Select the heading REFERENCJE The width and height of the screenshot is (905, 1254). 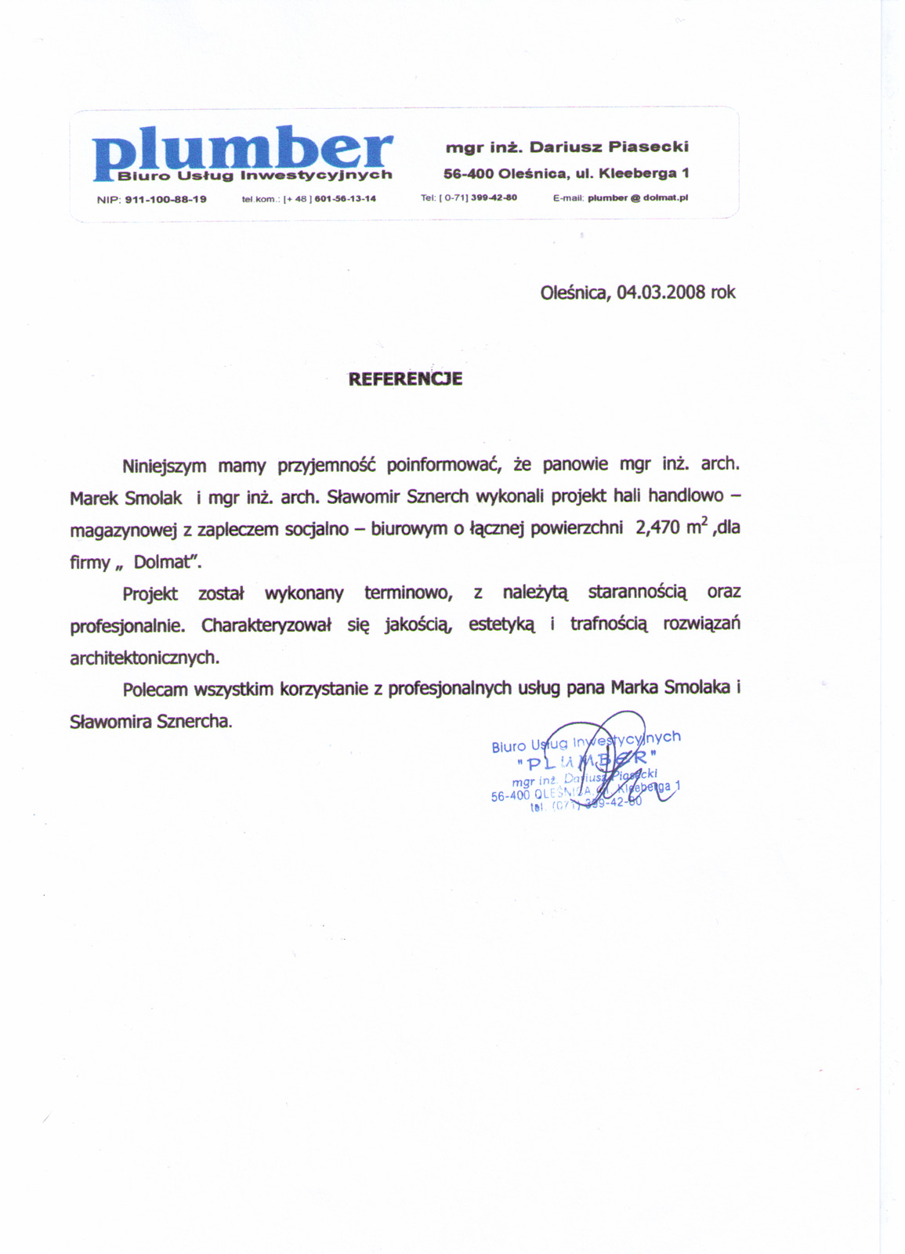[x=405, y=379]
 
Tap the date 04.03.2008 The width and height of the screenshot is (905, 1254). [x=661, y=292]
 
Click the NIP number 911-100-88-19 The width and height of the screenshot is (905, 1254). [x=165, y=200]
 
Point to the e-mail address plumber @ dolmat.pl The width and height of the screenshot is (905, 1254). [x=637, y=198]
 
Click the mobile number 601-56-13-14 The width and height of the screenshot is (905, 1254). [x=345, y=199]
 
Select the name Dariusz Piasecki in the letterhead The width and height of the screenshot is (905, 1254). [x=609, y=147]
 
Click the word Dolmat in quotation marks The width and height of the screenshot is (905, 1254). [x=163, y=562]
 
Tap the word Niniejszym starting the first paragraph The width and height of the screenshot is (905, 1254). [x=164, y=466]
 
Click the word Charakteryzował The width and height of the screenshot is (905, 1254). [x=266, y=625]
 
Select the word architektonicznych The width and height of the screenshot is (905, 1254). [x=143, y=658]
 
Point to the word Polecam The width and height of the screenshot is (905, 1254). [x=155, y=690]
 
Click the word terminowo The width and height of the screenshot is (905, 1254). [x=408, y=593]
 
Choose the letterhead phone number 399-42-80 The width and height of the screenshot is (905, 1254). [x=494, y=198]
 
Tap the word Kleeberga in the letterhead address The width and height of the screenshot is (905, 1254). [x=643, y=172]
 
